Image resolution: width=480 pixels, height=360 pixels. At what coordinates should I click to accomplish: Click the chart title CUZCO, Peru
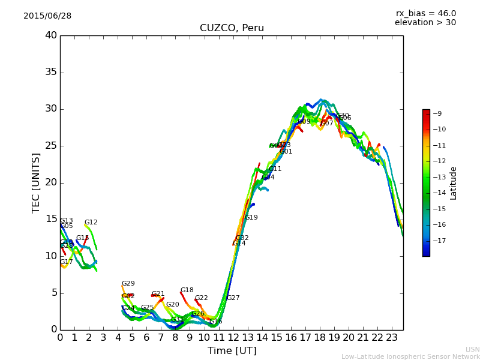coord(232,28)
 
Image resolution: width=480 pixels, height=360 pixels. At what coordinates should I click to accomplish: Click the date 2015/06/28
coord(47,16)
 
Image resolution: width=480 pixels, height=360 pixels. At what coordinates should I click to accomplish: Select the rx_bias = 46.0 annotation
coord(425,14)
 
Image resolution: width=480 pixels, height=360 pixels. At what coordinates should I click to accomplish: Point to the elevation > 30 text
coord(425,23)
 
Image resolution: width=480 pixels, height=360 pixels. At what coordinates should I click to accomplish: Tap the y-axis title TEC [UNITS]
coord(36,182)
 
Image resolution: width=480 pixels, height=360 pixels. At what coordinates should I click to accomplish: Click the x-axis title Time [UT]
coord(232,351)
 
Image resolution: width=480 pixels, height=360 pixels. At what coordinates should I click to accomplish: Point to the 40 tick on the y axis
coord(51,35)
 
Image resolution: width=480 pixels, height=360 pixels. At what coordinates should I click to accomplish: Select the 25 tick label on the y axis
coord(51,146)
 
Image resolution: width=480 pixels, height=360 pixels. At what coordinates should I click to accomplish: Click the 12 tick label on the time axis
coord(233,338)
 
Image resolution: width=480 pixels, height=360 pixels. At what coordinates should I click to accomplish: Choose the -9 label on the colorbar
coord(437,113)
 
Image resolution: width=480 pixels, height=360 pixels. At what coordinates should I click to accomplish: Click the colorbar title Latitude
coord(454,183)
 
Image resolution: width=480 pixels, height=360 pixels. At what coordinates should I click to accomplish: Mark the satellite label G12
coord(91,223)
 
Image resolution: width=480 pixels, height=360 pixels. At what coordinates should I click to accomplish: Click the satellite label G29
coord(128,284)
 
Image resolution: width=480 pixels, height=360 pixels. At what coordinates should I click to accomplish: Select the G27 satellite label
coord(233,298)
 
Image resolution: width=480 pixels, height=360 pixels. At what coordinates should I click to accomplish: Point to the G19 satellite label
coord(251,218)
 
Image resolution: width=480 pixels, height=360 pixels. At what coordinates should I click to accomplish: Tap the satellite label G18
coord(187,290)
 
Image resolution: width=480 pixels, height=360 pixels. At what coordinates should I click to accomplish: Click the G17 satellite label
coord(66,262)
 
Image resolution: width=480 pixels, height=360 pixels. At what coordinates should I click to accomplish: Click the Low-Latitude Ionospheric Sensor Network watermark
coord(410,356)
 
